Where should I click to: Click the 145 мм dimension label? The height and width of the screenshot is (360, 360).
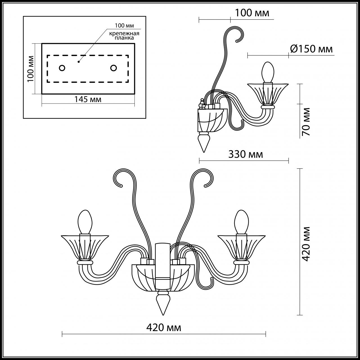coord(88,99)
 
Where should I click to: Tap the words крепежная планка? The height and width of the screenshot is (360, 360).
coord(124,36)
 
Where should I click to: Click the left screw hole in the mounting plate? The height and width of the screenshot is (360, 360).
coord(62,68)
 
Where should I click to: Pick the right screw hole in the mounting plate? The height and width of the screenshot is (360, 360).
coord(113,68)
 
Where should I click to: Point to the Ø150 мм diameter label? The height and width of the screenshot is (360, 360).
coord(311,49)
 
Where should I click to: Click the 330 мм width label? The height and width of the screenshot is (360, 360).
coord(246,154)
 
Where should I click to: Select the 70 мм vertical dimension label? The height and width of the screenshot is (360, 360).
coord(306,122)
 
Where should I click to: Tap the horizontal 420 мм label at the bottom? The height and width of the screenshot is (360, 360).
coord(164,327)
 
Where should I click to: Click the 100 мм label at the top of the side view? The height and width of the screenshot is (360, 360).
coord(252,13)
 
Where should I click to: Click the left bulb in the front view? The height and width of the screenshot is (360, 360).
coord(85,222)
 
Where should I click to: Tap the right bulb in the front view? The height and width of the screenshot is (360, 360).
coord(241,222)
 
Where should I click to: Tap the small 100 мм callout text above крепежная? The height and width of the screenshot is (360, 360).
coord(124,26)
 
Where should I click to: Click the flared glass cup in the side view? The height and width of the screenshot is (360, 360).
coord(267,93)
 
